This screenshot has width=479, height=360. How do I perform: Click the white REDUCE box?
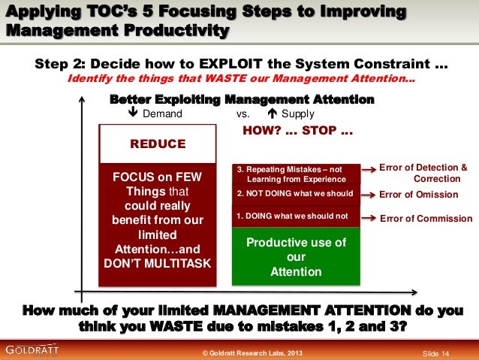click(x=158, y=144)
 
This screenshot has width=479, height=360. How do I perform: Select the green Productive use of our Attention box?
click(x=296, y=257)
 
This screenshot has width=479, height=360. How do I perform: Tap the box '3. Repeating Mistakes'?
click(x=296, y=174)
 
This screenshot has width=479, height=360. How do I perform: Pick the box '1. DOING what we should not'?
click(x=296, y=216)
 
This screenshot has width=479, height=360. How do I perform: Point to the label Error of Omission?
click(x=418, y=195)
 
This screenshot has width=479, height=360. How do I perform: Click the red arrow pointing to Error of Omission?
click(x=367, y=194)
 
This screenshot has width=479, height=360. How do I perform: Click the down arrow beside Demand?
click(x=132, y=114)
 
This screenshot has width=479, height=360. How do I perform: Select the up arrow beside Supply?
click(x=271, y=114)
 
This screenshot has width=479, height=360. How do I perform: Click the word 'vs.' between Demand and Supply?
click(x=243, y=114)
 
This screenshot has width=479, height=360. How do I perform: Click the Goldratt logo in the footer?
click(x=29, y=349)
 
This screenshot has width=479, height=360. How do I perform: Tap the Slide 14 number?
click(x=436, y=353)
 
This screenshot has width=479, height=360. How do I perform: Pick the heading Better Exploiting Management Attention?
click(x=242, y=100)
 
